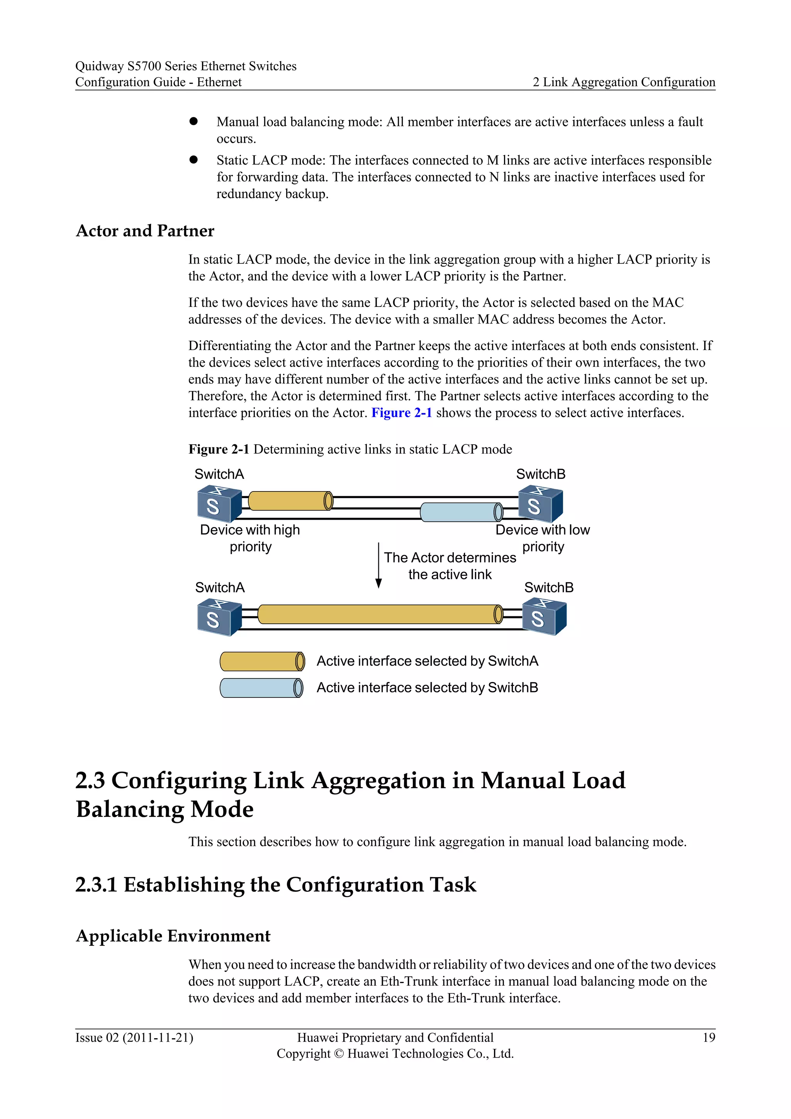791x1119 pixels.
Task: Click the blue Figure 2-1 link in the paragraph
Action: point(401,413)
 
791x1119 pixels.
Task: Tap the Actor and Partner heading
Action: point(145,231)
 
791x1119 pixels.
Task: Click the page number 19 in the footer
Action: point(709,1037)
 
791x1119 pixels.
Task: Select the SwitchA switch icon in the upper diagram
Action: point(219,504)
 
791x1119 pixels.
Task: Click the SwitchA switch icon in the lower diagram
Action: point(219,618)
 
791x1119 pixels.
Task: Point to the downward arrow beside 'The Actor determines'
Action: point(379,565)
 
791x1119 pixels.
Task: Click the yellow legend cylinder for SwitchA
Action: point(262,662)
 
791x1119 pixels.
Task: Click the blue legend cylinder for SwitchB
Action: point(261,688)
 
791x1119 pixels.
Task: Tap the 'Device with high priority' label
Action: point(250,538)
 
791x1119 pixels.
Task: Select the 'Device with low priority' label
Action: point(543,538)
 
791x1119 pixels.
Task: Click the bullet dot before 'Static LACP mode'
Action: point(194,160)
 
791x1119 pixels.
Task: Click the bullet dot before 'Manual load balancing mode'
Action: point(194,121)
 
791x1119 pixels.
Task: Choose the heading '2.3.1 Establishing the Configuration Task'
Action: point(276,884)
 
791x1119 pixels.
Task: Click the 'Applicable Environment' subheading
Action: point(173,936)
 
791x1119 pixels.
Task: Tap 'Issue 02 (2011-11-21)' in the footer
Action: point(134,1037)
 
